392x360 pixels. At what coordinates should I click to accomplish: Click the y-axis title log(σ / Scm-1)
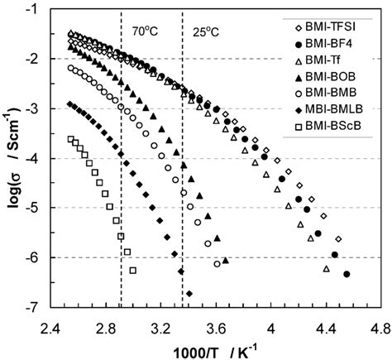coord(14,157)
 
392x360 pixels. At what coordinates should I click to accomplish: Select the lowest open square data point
coord(132,270)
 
